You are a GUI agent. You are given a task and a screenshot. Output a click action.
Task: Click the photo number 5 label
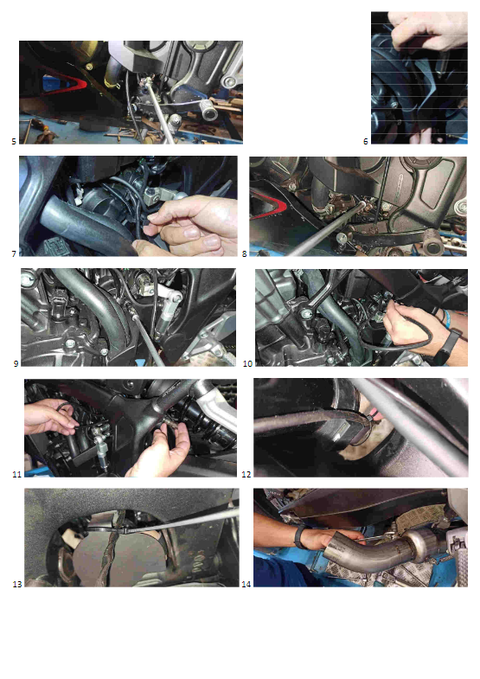pyautogui.click(x=14, y=142)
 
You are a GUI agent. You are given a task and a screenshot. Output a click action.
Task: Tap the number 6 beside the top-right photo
pyautogui.click(x=366, y=142)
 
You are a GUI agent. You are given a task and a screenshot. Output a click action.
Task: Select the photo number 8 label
pyautogui.click(x=245, y=254)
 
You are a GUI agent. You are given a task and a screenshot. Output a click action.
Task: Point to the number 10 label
pyautogui.click(x=247, y=364)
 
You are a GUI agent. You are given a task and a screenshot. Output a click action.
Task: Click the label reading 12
pyautogui.click(x=246, y=475)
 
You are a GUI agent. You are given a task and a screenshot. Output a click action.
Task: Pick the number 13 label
pyautogui.click(x=17, y=585)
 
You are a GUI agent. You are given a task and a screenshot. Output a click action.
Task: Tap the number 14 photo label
pyautogui.click(x=246, y=585)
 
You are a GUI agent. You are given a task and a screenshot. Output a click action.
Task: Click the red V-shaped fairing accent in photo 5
pyautogui.click(x=65, y=83)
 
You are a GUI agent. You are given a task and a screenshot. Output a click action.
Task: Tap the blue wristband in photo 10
pyautogui.click(x=446, y=319)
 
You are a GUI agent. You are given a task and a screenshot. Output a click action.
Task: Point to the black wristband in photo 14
pyautogui.click(x=298, y=537)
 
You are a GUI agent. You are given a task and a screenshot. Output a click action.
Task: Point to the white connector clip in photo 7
pyautogui.click(x=79, y=200)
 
